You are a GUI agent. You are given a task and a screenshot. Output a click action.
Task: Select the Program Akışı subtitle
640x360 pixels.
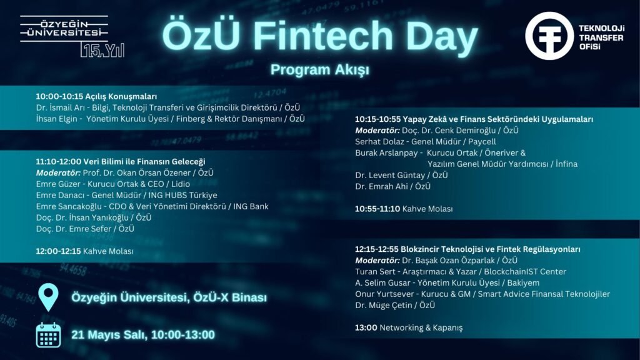pyautogui.click(x=319, y=69)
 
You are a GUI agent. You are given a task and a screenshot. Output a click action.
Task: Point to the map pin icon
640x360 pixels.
pyautogui.click(x=48, y=297)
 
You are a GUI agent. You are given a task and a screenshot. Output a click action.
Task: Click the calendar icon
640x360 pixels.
pyautogui.click(x=48, y=334)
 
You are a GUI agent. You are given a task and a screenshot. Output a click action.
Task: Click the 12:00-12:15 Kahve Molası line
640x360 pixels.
pyautogui.click(x=84, y=251)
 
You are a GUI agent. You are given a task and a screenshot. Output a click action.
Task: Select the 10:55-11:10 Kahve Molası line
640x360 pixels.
pyautogui.click(x=404, y=209)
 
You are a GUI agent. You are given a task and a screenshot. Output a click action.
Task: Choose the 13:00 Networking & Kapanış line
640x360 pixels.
pyautogui.click(x=409, y=327)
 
